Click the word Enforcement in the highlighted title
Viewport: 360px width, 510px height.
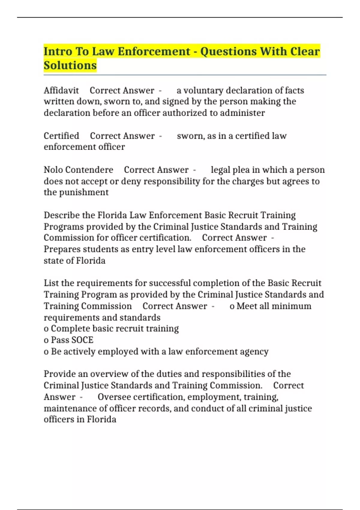pyautogui.click(x=154, y=51)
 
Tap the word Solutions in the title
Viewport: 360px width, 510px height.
pyautogui.click(x=70, y=65)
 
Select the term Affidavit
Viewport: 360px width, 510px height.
pyautogui.click(x=61, y=90)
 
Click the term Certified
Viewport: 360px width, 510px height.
pyautogui.click(x=61, y=136)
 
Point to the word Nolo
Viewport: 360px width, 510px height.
pyautogui.click(x=53, y=170)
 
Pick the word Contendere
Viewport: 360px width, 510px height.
pyautogui.click(x=89, y=170)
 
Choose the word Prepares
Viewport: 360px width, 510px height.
pyautogui.click(x=62, y=249)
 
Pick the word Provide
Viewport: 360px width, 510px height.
pyautogui.click(x=60, y=374)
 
